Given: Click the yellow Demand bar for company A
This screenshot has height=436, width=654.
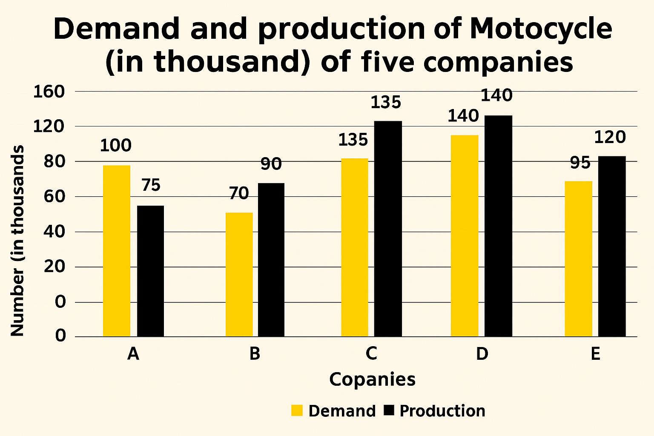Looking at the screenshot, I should (117, 251).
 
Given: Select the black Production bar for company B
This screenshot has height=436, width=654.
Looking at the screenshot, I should (271, 260).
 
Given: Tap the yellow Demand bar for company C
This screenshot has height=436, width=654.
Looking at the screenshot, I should (355, 247).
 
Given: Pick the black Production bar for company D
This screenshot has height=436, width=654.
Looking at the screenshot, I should (498, 226).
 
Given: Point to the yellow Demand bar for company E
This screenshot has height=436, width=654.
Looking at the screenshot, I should (578, 259).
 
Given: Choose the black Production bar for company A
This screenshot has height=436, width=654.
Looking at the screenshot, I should (150, 271).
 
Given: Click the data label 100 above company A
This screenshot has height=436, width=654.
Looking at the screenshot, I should (116, 146).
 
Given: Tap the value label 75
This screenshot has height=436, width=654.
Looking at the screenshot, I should (150, 186).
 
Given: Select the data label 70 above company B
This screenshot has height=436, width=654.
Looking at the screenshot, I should (238, 194).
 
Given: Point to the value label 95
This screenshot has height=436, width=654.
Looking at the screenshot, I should (580, 163).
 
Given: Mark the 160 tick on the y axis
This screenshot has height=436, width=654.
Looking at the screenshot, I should (49, 92).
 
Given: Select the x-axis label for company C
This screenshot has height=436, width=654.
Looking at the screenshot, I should (371, 354).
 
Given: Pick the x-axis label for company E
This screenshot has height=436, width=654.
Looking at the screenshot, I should (595, 354).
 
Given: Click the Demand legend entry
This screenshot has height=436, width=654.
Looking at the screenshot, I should (333, 411).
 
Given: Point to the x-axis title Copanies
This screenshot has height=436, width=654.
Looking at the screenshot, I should (372, 379).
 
